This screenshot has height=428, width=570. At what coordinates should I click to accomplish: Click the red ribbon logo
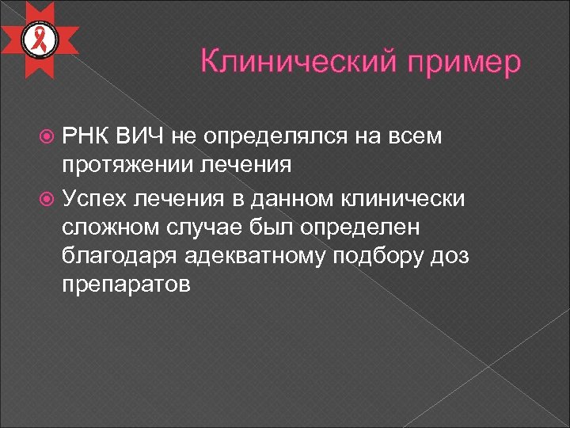coord(39,40)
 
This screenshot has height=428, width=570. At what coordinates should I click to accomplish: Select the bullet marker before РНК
coord(47,137)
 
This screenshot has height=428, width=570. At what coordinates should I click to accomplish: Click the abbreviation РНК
coord(85,136)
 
